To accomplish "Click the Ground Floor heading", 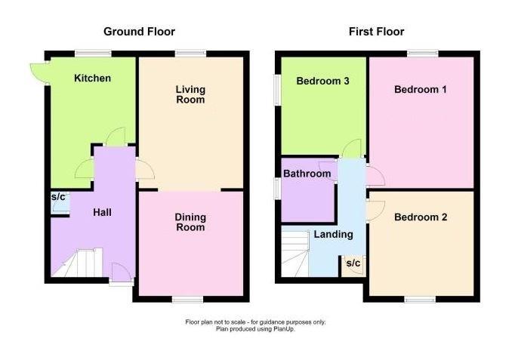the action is point(139,32).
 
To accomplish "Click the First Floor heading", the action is point(376,32).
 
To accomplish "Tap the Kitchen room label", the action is point(92,78).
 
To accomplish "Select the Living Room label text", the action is point(190,94).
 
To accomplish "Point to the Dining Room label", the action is point(190,222).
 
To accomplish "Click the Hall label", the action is point(102,212).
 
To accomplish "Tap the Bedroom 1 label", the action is point(421,89).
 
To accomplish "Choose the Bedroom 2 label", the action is point(421,217).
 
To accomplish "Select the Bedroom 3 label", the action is point(322,81).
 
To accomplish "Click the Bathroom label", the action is point(307,174).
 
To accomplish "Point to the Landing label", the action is point(333,234).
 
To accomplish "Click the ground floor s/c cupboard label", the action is point(58,197).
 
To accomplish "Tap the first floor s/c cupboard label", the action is point(353,263).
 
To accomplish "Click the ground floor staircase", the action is point(79,263).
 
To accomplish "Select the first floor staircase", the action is point(295,254).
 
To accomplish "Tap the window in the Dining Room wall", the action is point(188,300).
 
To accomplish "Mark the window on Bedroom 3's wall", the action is point(278,91).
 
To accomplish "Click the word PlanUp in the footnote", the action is point(284,329).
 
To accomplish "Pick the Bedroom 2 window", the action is point(420,300).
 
